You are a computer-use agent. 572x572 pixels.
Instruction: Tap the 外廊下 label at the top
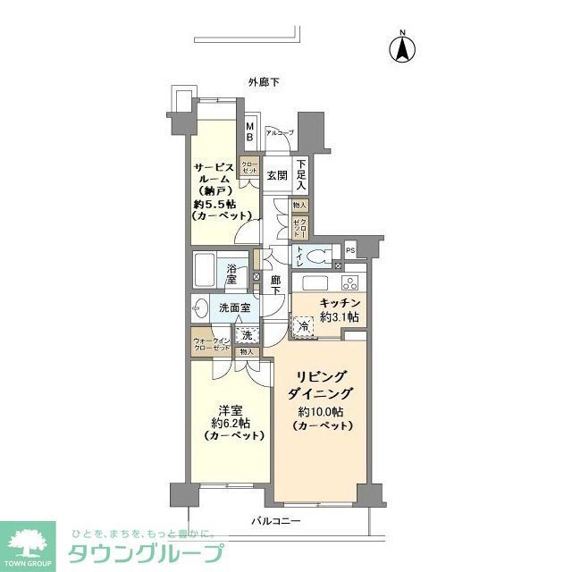tap(264, 82)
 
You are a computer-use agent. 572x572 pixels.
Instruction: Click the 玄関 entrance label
tap(276, 174)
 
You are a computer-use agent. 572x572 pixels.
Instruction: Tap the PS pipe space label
tap(350, 249)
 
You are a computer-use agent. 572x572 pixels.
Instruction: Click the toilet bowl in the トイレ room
tap(315, 257)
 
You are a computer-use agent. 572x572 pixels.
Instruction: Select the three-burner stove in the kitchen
tap(348, 284)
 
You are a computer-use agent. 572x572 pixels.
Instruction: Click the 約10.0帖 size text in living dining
tap(319, 412)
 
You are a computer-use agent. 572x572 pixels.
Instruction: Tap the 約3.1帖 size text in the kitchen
tap(340, 317)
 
